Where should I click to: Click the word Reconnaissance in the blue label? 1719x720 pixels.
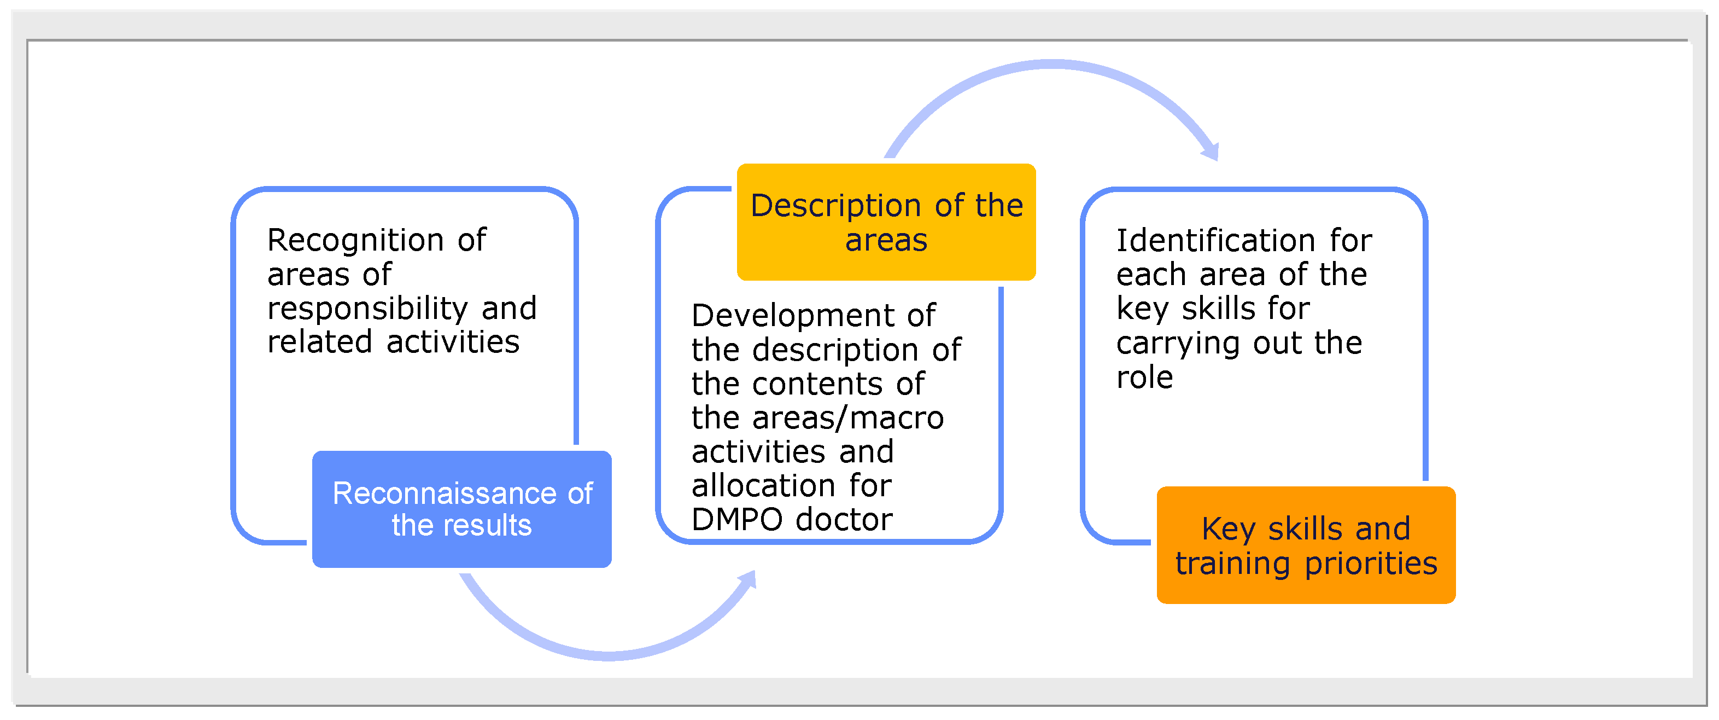[x=444, y=493]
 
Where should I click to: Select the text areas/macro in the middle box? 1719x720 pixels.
[x=847, y=418]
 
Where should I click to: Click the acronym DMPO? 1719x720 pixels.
[x=736, y=520]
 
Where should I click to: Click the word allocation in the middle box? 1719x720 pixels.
[x=763, y=486]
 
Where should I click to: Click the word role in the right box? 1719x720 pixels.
[x=1144, y=378]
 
